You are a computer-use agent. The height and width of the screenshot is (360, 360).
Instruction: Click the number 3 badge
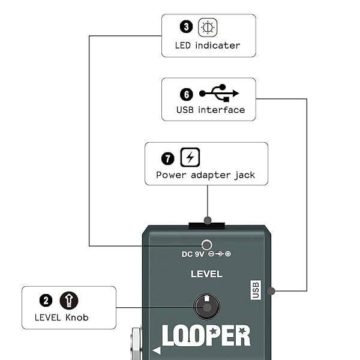tap(186, 28)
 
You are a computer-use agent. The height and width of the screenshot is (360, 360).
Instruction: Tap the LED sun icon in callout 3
tap(208, 28)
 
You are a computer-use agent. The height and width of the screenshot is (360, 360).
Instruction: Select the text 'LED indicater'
tap(208, 45)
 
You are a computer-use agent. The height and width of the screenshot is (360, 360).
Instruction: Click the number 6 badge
tap(186, 94)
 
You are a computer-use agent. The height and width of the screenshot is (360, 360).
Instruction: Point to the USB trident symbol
tap(219, 93)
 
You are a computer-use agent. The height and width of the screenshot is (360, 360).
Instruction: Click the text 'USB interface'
tap(210, 110)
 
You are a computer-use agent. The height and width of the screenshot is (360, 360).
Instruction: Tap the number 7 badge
tap(168, 158)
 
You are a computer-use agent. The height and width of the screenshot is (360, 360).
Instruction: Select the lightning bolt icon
tap(190, 158)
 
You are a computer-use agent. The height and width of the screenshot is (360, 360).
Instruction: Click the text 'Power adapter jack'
tap(206, 175)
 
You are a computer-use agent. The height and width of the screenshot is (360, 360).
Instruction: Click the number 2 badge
tap(46, 300)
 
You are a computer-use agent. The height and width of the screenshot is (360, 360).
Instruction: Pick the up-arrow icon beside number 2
tap(69, 300)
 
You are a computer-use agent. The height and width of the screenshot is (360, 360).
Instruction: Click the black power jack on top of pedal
tap(206, 226)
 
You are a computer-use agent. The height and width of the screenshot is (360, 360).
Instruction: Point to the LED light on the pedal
tap(207, 244)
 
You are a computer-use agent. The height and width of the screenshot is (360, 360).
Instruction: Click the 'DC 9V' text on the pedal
tap(194, 254)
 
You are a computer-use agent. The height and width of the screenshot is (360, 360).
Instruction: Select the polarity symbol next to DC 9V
tap(220, 254)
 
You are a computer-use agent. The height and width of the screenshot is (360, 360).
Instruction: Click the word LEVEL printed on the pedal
tap(206, 274)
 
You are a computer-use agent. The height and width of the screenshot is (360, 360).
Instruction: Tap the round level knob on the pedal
tap(206, 306)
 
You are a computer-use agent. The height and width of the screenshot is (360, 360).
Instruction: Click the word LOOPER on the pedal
tap(206, 336)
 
